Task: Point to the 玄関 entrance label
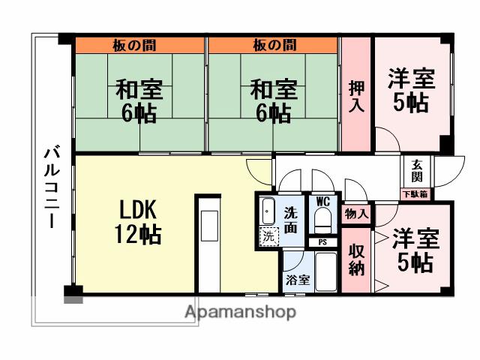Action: coord(416,172)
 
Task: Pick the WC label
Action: coord(323,202)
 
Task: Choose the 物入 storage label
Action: coord(356,214)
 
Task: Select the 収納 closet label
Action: coord(356,259)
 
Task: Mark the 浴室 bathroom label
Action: coord(298,280)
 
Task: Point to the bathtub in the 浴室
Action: coord(326,271)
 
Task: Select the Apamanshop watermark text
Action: coord(241,312)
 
